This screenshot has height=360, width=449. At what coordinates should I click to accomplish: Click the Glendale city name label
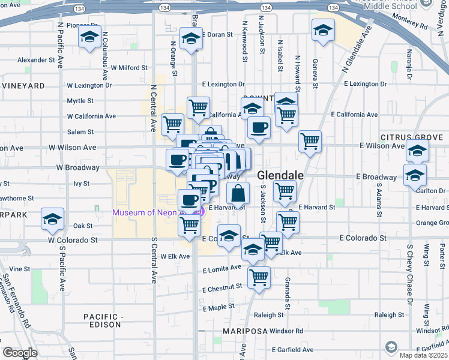[280, 176]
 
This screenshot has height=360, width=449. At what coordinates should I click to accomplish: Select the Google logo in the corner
[20, 353]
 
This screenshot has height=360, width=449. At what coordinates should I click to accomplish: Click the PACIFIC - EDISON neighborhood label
[104, 320]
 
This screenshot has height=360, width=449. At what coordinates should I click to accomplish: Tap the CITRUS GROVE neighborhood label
[414, 136]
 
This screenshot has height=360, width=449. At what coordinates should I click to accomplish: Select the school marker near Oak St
[53, 219]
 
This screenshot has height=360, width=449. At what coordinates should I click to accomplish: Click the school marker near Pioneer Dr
[89, 38]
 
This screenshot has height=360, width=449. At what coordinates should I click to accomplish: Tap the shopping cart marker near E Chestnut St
[259, 278]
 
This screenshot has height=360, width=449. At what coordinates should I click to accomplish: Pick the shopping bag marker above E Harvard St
[238, 194]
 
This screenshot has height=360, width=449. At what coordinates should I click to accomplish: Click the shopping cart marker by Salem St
[172, 124]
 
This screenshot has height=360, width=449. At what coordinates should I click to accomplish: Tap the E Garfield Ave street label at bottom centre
[292, 350]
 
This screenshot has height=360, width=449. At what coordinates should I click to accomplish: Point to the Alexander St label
[36, 60]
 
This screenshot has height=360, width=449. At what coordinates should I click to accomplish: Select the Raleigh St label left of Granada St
[268, 315]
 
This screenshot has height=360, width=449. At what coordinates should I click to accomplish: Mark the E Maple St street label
[218, 308]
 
